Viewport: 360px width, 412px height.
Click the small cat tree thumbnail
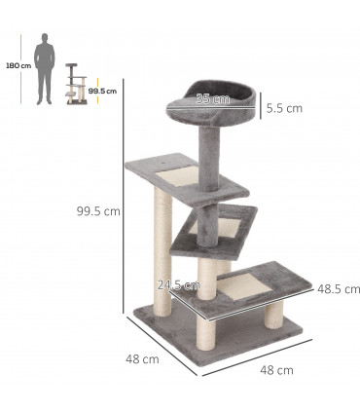tap(74, 85)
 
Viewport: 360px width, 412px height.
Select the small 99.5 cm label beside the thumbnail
tap(102, 92)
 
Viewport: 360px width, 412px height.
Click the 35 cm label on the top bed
tap(212, 98)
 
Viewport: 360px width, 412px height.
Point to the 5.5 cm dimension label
tap(284, 108)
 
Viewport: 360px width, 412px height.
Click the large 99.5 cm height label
tap(99, 209)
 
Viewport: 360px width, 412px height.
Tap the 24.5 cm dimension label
tap(179, 285)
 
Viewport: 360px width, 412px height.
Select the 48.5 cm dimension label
tap(339, 289)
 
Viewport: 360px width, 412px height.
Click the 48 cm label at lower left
tap(142, 359)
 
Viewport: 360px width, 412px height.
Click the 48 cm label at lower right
tap(276, 370)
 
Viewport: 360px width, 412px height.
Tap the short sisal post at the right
tap(271, 322)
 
